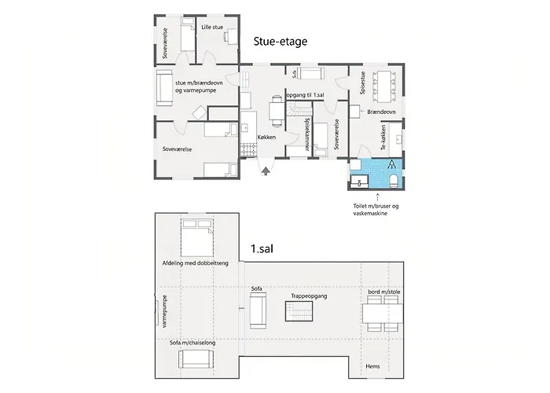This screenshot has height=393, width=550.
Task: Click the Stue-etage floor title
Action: click(280, 42)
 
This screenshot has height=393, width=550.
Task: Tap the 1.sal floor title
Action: click(262, 249)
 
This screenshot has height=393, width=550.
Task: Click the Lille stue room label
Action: click(212, 27)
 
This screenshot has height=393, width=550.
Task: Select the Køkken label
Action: click(266, 138)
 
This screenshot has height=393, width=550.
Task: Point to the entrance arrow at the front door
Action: click(266, 171)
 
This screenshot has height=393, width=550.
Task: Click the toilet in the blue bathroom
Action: click(394, 180)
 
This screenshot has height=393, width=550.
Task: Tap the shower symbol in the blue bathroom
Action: click(392, 163)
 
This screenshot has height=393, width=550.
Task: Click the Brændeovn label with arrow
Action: click(378, 112)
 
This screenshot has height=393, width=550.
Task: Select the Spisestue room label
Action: click(363, 83)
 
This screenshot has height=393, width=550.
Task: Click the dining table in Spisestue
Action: click(383, 86)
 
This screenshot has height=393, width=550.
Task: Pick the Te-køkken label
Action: click(383, 138)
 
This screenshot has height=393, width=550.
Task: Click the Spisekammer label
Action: click(307, 134)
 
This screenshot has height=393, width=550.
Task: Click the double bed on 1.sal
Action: click(197, 238)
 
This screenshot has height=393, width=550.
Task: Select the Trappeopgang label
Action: click(309, 296)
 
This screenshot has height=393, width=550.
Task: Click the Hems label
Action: click(372, 366)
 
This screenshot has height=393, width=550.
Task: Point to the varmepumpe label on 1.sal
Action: click(165, 311)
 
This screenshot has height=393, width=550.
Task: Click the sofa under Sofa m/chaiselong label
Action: click(196, 359)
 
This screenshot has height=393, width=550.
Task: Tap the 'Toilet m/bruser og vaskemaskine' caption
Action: click(376, 210)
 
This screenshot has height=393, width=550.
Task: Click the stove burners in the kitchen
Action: click(249, 150)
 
